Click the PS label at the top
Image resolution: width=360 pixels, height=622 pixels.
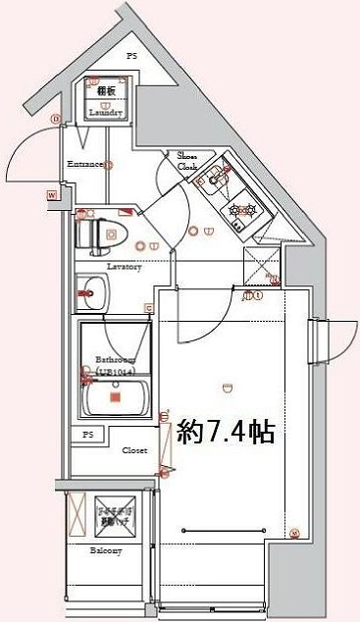coord(131,56)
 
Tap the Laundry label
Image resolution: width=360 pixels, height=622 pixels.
coord(105,113)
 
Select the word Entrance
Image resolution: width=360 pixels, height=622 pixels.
coord(85,164)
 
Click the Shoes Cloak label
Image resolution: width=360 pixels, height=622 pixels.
coord(187,161)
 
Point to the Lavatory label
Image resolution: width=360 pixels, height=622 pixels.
coord(124,267)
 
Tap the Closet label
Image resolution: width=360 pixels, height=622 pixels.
coord(134,450)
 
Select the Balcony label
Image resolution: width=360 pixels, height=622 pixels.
coord(107,551)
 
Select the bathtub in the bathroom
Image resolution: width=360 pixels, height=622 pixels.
coord(114,397)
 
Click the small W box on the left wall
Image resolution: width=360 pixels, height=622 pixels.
coord(50,196)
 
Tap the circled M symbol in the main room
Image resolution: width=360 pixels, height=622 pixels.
coord(294,534)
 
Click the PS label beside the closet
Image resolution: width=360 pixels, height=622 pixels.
coord(88,434)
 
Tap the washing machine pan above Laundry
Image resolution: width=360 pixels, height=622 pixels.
coord(105,93)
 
